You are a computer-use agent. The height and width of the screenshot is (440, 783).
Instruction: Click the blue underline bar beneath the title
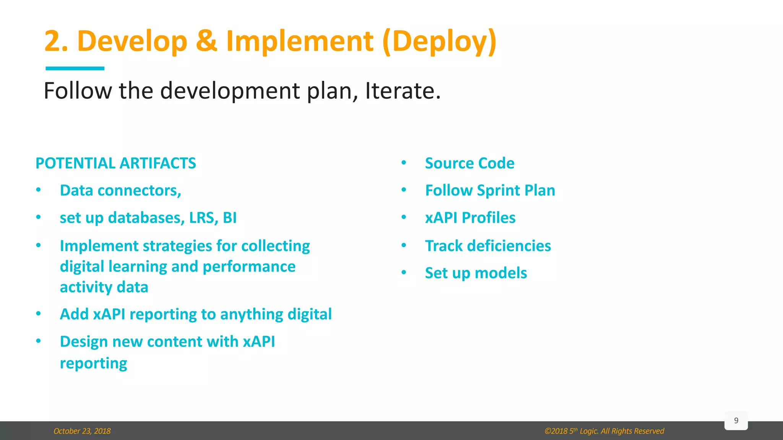click(x=75, y=68)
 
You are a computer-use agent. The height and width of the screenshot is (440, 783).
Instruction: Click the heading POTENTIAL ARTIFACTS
click(x=115, y=163)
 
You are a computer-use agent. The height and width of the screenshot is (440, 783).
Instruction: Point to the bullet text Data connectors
click(x=120, y=190)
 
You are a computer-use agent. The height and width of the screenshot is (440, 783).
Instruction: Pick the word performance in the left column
click(x=249, y=266)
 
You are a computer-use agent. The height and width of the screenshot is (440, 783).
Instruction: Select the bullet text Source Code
click(x=469, y=163)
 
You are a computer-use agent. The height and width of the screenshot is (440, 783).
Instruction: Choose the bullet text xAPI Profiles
click(x=470, y=218)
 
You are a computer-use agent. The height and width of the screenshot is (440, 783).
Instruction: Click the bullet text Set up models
click(x=476, y=273)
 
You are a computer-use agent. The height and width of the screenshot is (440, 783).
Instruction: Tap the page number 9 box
click(x=736, y=421)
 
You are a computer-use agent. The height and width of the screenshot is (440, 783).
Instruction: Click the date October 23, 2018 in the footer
click(x=82, y=431)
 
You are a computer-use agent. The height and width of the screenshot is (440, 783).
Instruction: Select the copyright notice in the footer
click(x=604, y=431)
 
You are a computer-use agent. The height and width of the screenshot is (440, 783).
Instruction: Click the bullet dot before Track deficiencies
click(x=404, y=245)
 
